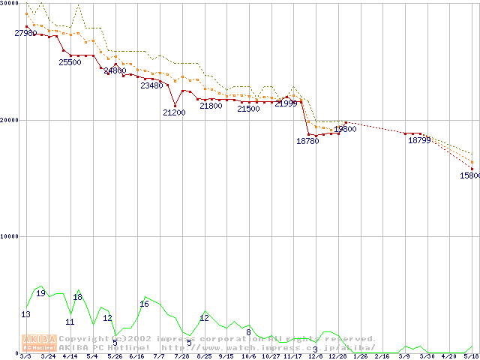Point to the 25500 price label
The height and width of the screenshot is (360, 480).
pyautogui.click(x=70, y=63)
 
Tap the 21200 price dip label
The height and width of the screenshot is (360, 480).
pyautogui.click(x=174, y=112)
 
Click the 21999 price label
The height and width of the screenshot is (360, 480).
pyautogui.click(x=286, y=103)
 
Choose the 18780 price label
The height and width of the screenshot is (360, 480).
pyautogui.click(x=307, y=141)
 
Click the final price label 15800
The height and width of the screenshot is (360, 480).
pyautogui.click(x=470, y=175)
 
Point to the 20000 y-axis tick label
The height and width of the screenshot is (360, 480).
pyautogui.click(x=10, y=120)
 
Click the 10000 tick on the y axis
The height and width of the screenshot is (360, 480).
pyautogui.click(x=10, y=236)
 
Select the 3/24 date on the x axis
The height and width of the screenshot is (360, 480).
pyautogui.click(x=47, y=356)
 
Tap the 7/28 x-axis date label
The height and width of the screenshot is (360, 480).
pyautogui.click(x=181, y=356)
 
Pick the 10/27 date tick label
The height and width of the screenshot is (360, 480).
pyautogui.click(x=271, y=356)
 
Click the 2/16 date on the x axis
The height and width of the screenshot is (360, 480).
pyautogui.click(x=382, y=356)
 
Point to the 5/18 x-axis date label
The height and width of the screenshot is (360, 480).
pyautogui.click(x=471, y=356)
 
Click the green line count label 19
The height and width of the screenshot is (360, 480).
pyautogui.click(x=41, y=293)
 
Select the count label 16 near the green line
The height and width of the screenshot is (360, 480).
pyautogui.click(x=144, y=304)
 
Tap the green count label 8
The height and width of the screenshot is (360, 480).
pyautogui.click(x=248, y=332)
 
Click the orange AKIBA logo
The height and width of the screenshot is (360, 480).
pyautogui.click(x=40, y=342)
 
